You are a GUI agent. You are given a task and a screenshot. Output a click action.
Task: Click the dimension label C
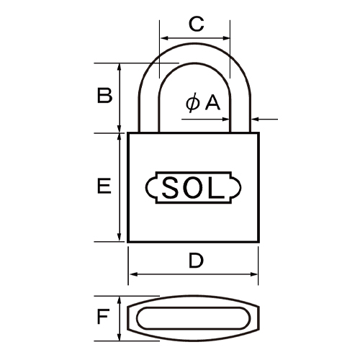click(194, 23)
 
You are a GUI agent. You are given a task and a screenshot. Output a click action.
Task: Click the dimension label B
click(104, 96)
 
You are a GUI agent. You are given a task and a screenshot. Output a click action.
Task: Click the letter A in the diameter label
click(212, 104)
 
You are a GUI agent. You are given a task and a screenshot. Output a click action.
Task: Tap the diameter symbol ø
click(192, 104)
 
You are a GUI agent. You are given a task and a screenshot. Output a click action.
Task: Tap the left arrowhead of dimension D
click(131, 274)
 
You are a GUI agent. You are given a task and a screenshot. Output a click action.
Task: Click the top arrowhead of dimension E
click(119, 136)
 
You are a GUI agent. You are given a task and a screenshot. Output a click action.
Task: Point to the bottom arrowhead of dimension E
click(119, 239)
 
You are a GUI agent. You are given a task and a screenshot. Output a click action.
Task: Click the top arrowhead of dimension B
click(119, 66)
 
